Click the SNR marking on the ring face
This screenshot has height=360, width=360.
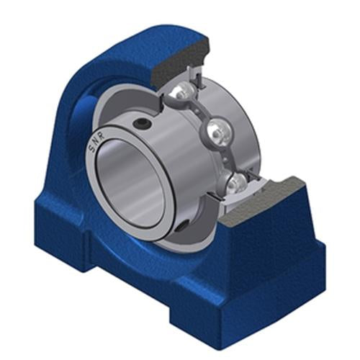coord(96,143)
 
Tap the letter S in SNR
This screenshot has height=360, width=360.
coord(91,149)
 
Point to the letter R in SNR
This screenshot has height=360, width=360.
coord(102,135)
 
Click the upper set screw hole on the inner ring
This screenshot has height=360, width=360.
coord(141,123)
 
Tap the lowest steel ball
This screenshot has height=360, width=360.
coord(236,184)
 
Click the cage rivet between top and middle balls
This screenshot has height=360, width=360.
coord(197,111)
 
